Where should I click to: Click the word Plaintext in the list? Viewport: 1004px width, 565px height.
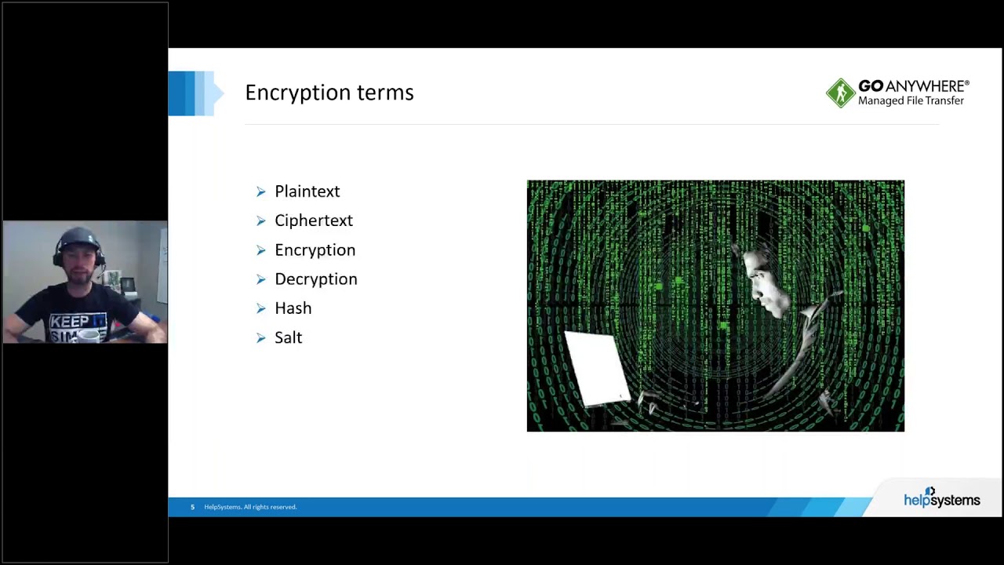tap(307, 191)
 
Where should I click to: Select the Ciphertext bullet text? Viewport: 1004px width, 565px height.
tap(313, 221)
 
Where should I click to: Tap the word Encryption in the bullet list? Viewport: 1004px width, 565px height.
tap(315, 250)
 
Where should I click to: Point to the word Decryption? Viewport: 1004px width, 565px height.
tap(315, 279)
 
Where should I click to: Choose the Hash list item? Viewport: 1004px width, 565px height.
tap(293, 308)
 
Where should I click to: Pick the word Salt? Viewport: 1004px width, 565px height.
tap(288, 337)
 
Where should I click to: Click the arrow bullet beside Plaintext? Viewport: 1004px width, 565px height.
tap(261, 191)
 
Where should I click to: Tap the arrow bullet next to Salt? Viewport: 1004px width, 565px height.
tap(261, 337)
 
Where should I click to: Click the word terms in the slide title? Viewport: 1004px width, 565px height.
tap(384, 93)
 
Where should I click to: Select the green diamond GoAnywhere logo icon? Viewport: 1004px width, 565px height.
tap(840, 93)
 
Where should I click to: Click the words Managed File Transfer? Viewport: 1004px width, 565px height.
tap(911, 100)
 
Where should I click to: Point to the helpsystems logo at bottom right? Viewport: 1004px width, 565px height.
tap(941, 499)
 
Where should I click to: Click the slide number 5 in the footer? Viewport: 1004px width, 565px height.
tap(192, 507)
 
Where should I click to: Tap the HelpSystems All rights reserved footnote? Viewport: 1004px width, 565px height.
tap(250, 507)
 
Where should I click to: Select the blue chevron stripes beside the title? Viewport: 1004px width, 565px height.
tap(194, 93)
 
